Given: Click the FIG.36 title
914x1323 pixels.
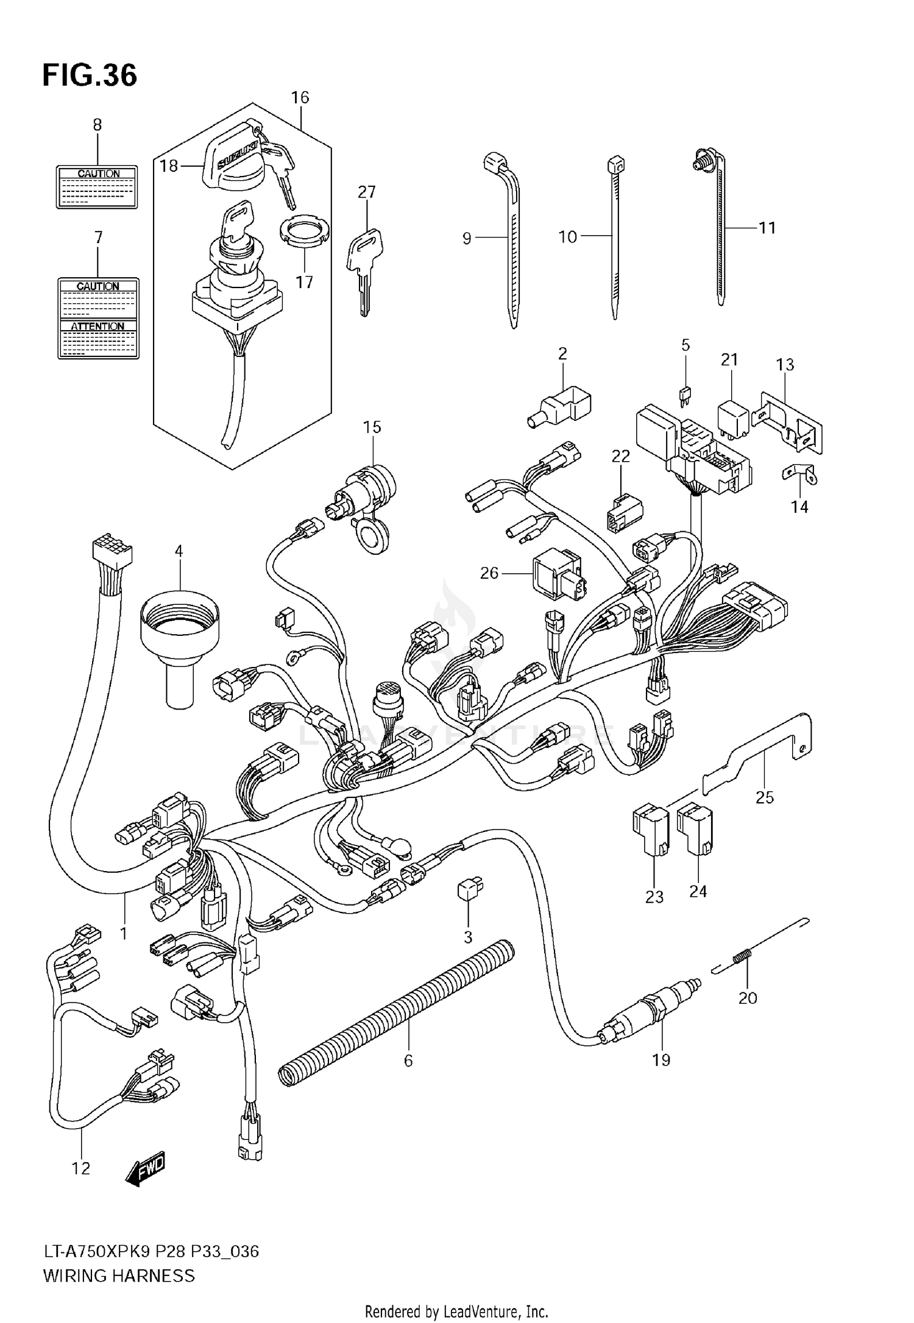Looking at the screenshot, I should [90, 76].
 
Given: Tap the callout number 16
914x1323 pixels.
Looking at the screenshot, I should [300, 97].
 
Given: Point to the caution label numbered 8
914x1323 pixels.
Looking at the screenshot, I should [97, 187].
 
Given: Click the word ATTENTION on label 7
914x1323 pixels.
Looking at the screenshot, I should [97, 326].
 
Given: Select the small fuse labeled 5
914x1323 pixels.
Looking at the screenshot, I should [685, 396].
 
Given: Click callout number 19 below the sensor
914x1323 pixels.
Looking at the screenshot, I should [661, 1060].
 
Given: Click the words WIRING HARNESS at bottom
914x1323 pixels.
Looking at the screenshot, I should [119, 1275].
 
